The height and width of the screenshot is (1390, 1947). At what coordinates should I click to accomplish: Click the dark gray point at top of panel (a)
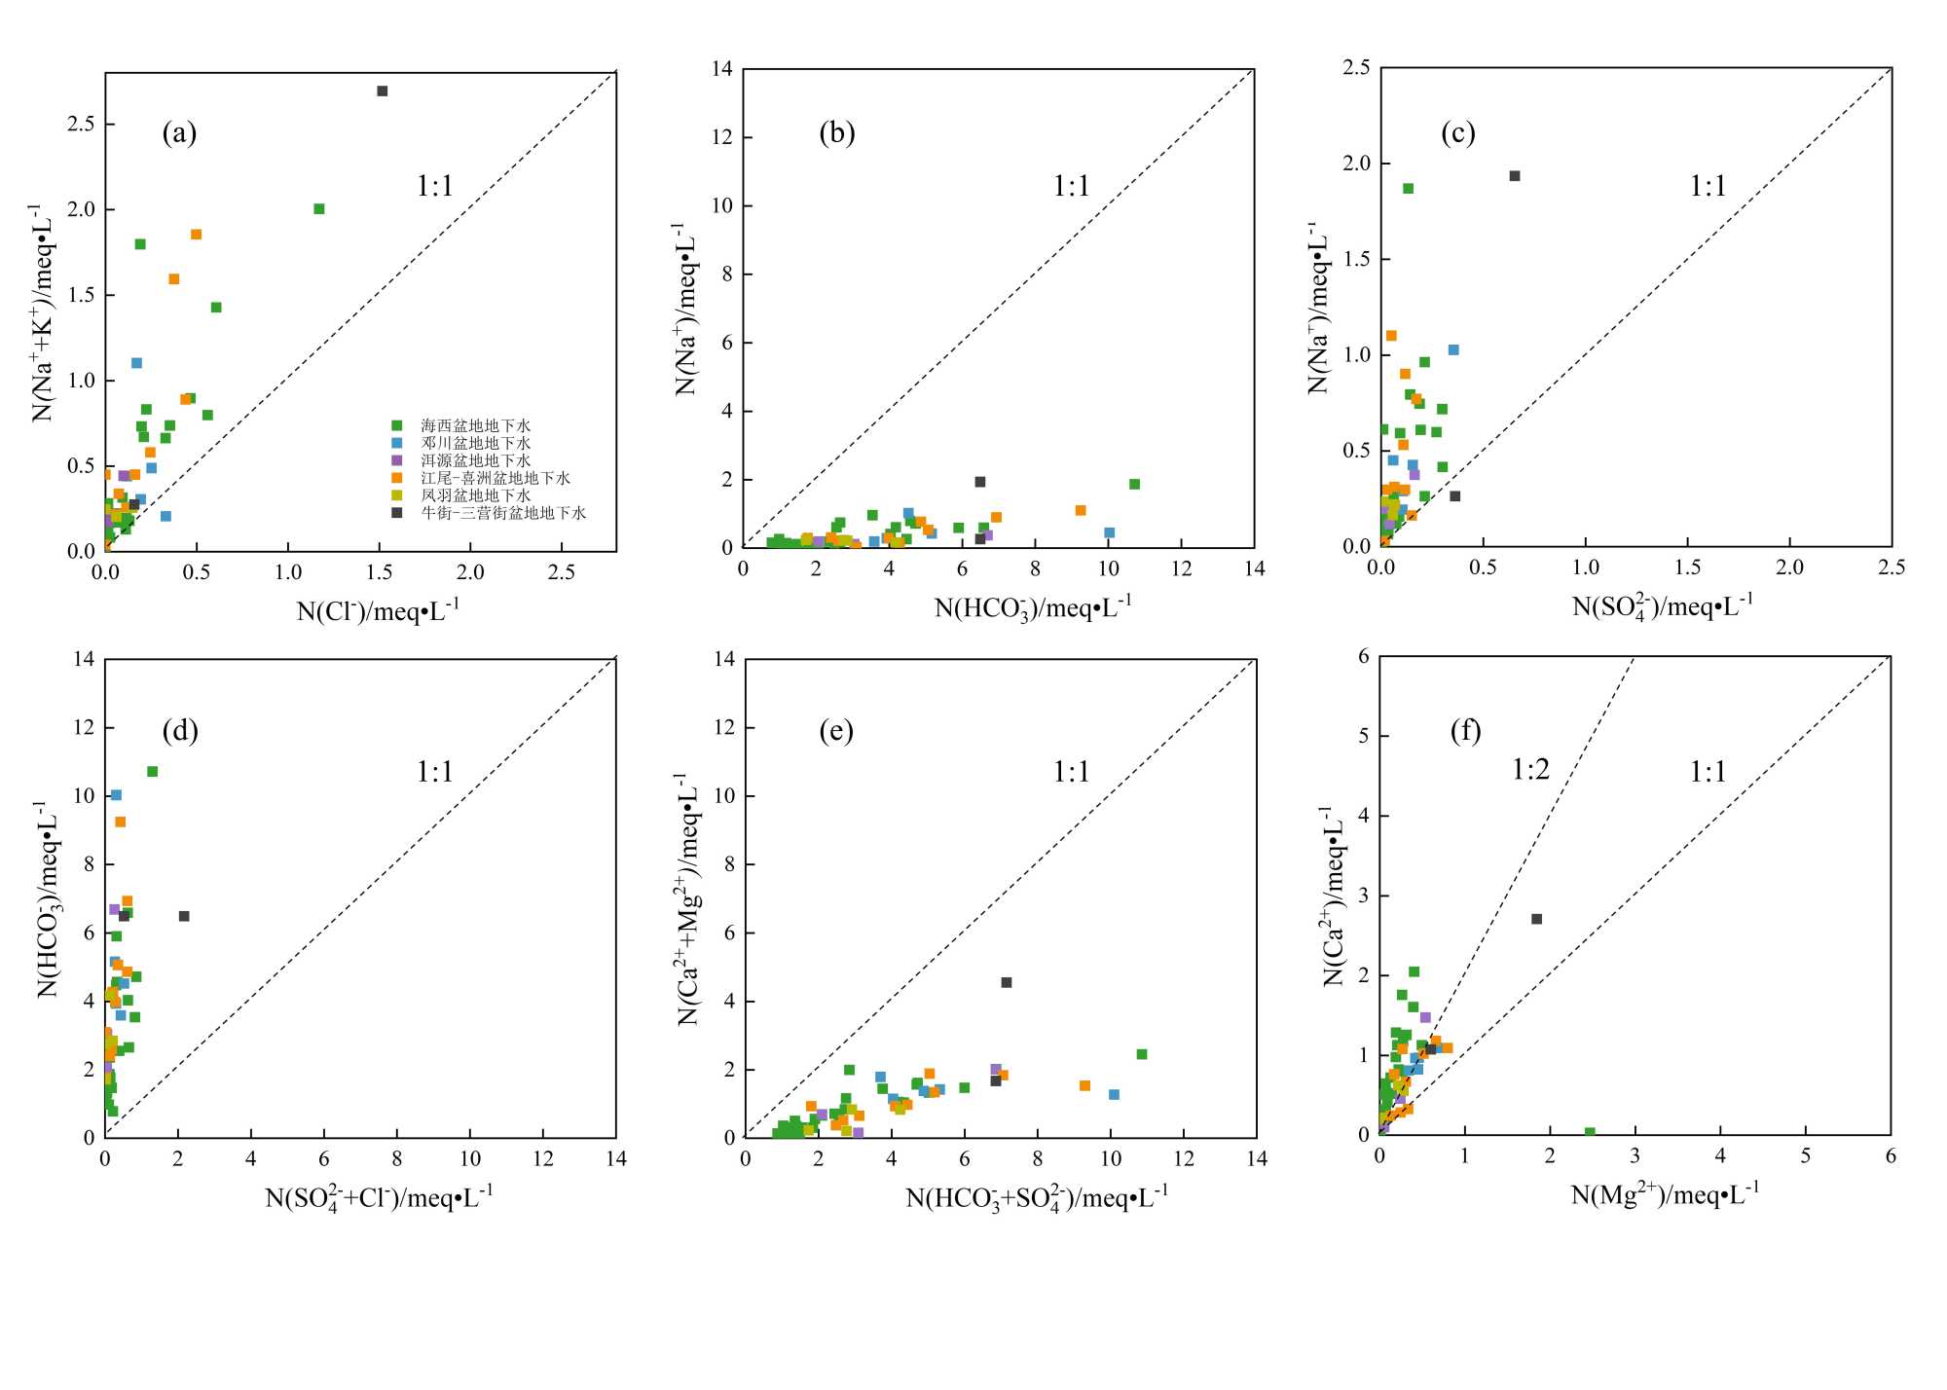coord(382,91)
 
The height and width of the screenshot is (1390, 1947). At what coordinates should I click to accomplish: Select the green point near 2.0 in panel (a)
coord(318,209)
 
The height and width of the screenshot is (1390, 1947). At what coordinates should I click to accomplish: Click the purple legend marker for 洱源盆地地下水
coord(396,460)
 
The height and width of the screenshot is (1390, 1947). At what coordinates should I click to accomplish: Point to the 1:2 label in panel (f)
coord(1530,771)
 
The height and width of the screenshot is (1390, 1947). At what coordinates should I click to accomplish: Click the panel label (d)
coord(180,731)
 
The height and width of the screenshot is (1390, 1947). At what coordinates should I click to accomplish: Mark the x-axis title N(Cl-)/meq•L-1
coord(378,611)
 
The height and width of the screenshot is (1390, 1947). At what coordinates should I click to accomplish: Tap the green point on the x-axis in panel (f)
coord(1589,1133)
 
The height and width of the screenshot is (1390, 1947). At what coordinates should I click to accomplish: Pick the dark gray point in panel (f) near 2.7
coord(1536,919)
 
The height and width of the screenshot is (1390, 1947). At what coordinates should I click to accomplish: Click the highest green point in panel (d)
coord(152,772)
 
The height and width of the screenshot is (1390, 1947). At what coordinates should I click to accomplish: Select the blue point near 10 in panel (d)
coord(116,795)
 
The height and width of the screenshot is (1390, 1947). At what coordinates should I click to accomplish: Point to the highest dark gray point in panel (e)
coord(1007,983)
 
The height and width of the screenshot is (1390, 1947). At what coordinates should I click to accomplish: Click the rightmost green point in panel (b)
coord(1134,485)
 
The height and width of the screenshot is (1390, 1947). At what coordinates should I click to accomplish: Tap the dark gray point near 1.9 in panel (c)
coord(1514,176)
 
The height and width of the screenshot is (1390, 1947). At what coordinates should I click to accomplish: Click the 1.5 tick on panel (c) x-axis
coord(1687,567)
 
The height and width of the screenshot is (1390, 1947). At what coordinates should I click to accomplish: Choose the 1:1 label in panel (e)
coord(1071,773)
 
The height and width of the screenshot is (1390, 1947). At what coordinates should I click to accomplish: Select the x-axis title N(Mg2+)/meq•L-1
coord(1665,1194)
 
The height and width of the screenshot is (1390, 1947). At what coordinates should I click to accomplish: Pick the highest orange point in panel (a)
coord(196,235)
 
